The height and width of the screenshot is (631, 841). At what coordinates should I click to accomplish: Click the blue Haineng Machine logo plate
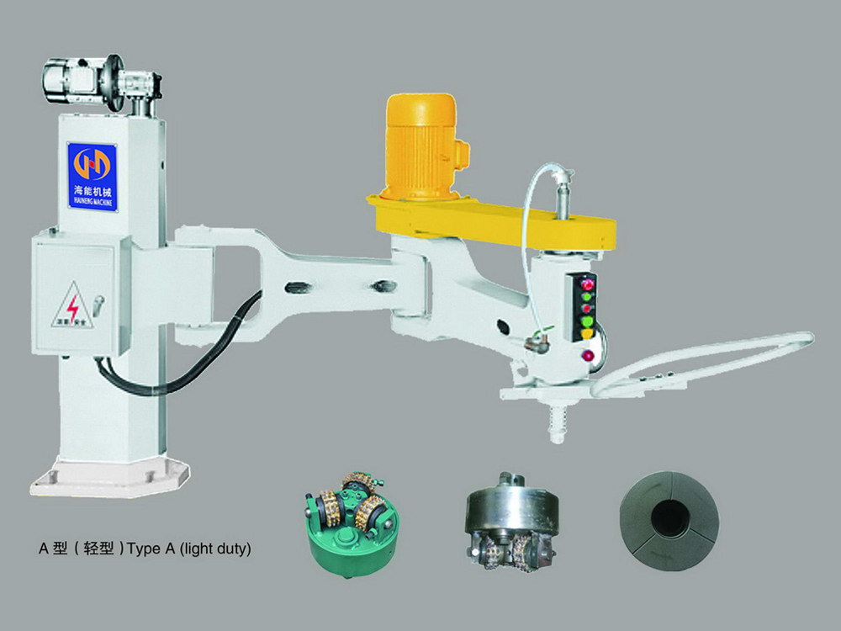click(92, 176)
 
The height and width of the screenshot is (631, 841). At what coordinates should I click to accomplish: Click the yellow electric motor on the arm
click(421, 146)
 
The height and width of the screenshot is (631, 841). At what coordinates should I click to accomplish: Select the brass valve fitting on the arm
click(535, 340)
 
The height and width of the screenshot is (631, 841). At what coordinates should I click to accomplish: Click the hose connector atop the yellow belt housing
click(563, 180)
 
